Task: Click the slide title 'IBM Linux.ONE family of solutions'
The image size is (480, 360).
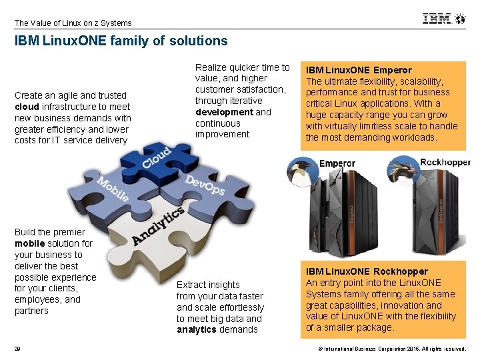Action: coord(121,41)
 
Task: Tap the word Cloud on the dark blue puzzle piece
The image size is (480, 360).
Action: coord(157,158)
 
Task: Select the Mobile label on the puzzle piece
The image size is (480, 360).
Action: coord(113,189)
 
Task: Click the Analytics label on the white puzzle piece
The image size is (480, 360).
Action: coord(157,226)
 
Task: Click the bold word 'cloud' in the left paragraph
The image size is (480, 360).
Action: coord(27,107)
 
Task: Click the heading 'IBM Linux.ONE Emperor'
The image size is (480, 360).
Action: coord(359,69)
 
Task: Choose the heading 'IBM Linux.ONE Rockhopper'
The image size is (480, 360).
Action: coord(367,271)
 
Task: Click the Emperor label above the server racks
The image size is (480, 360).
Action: coord(337,163)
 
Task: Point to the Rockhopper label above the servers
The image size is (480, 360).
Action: coord(445,162)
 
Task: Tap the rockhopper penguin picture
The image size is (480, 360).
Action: coord(403,171)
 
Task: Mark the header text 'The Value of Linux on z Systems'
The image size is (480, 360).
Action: coord(73,23)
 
